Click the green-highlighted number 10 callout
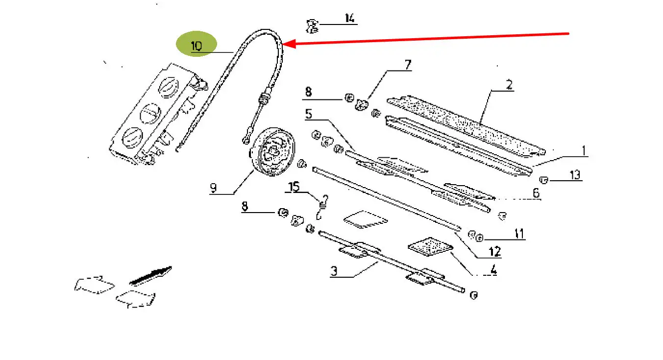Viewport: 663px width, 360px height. pos(196,46)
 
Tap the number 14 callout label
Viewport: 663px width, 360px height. pos(349,18)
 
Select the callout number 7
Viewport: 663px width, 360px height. pos(408,65)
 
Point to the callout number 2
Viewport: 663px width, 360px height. pos(509,85)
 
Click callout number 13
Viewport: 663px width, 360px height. pos(575,175)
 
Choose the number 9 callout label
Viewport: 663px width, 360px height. pos(213,188)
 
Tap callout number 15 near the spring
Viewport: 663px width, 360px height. pos(294,187)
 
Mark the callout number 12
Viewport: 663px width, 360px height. pos(494,252)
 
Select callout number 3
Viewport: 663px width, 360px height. pos(334,271)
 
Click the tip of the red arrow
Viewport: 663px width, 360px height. pos(283,44)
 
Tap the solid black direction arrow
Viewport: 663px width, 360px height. pos(150,276)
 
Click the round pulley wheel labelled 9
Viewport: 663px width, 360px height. pos(272,152)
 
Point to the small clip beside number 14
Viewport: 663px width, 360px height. pos(312,26)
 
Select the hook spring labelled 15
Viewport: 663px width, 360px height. pos(322,207)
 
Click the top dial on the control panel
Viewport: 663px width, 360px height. pos(169,88)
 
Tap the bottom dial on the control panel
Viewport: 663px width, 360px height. pos(132,138)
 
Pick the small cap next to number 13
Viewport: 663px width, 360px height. pos(543,180)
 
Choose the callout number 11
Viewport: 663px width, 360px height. pos(519,234)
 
